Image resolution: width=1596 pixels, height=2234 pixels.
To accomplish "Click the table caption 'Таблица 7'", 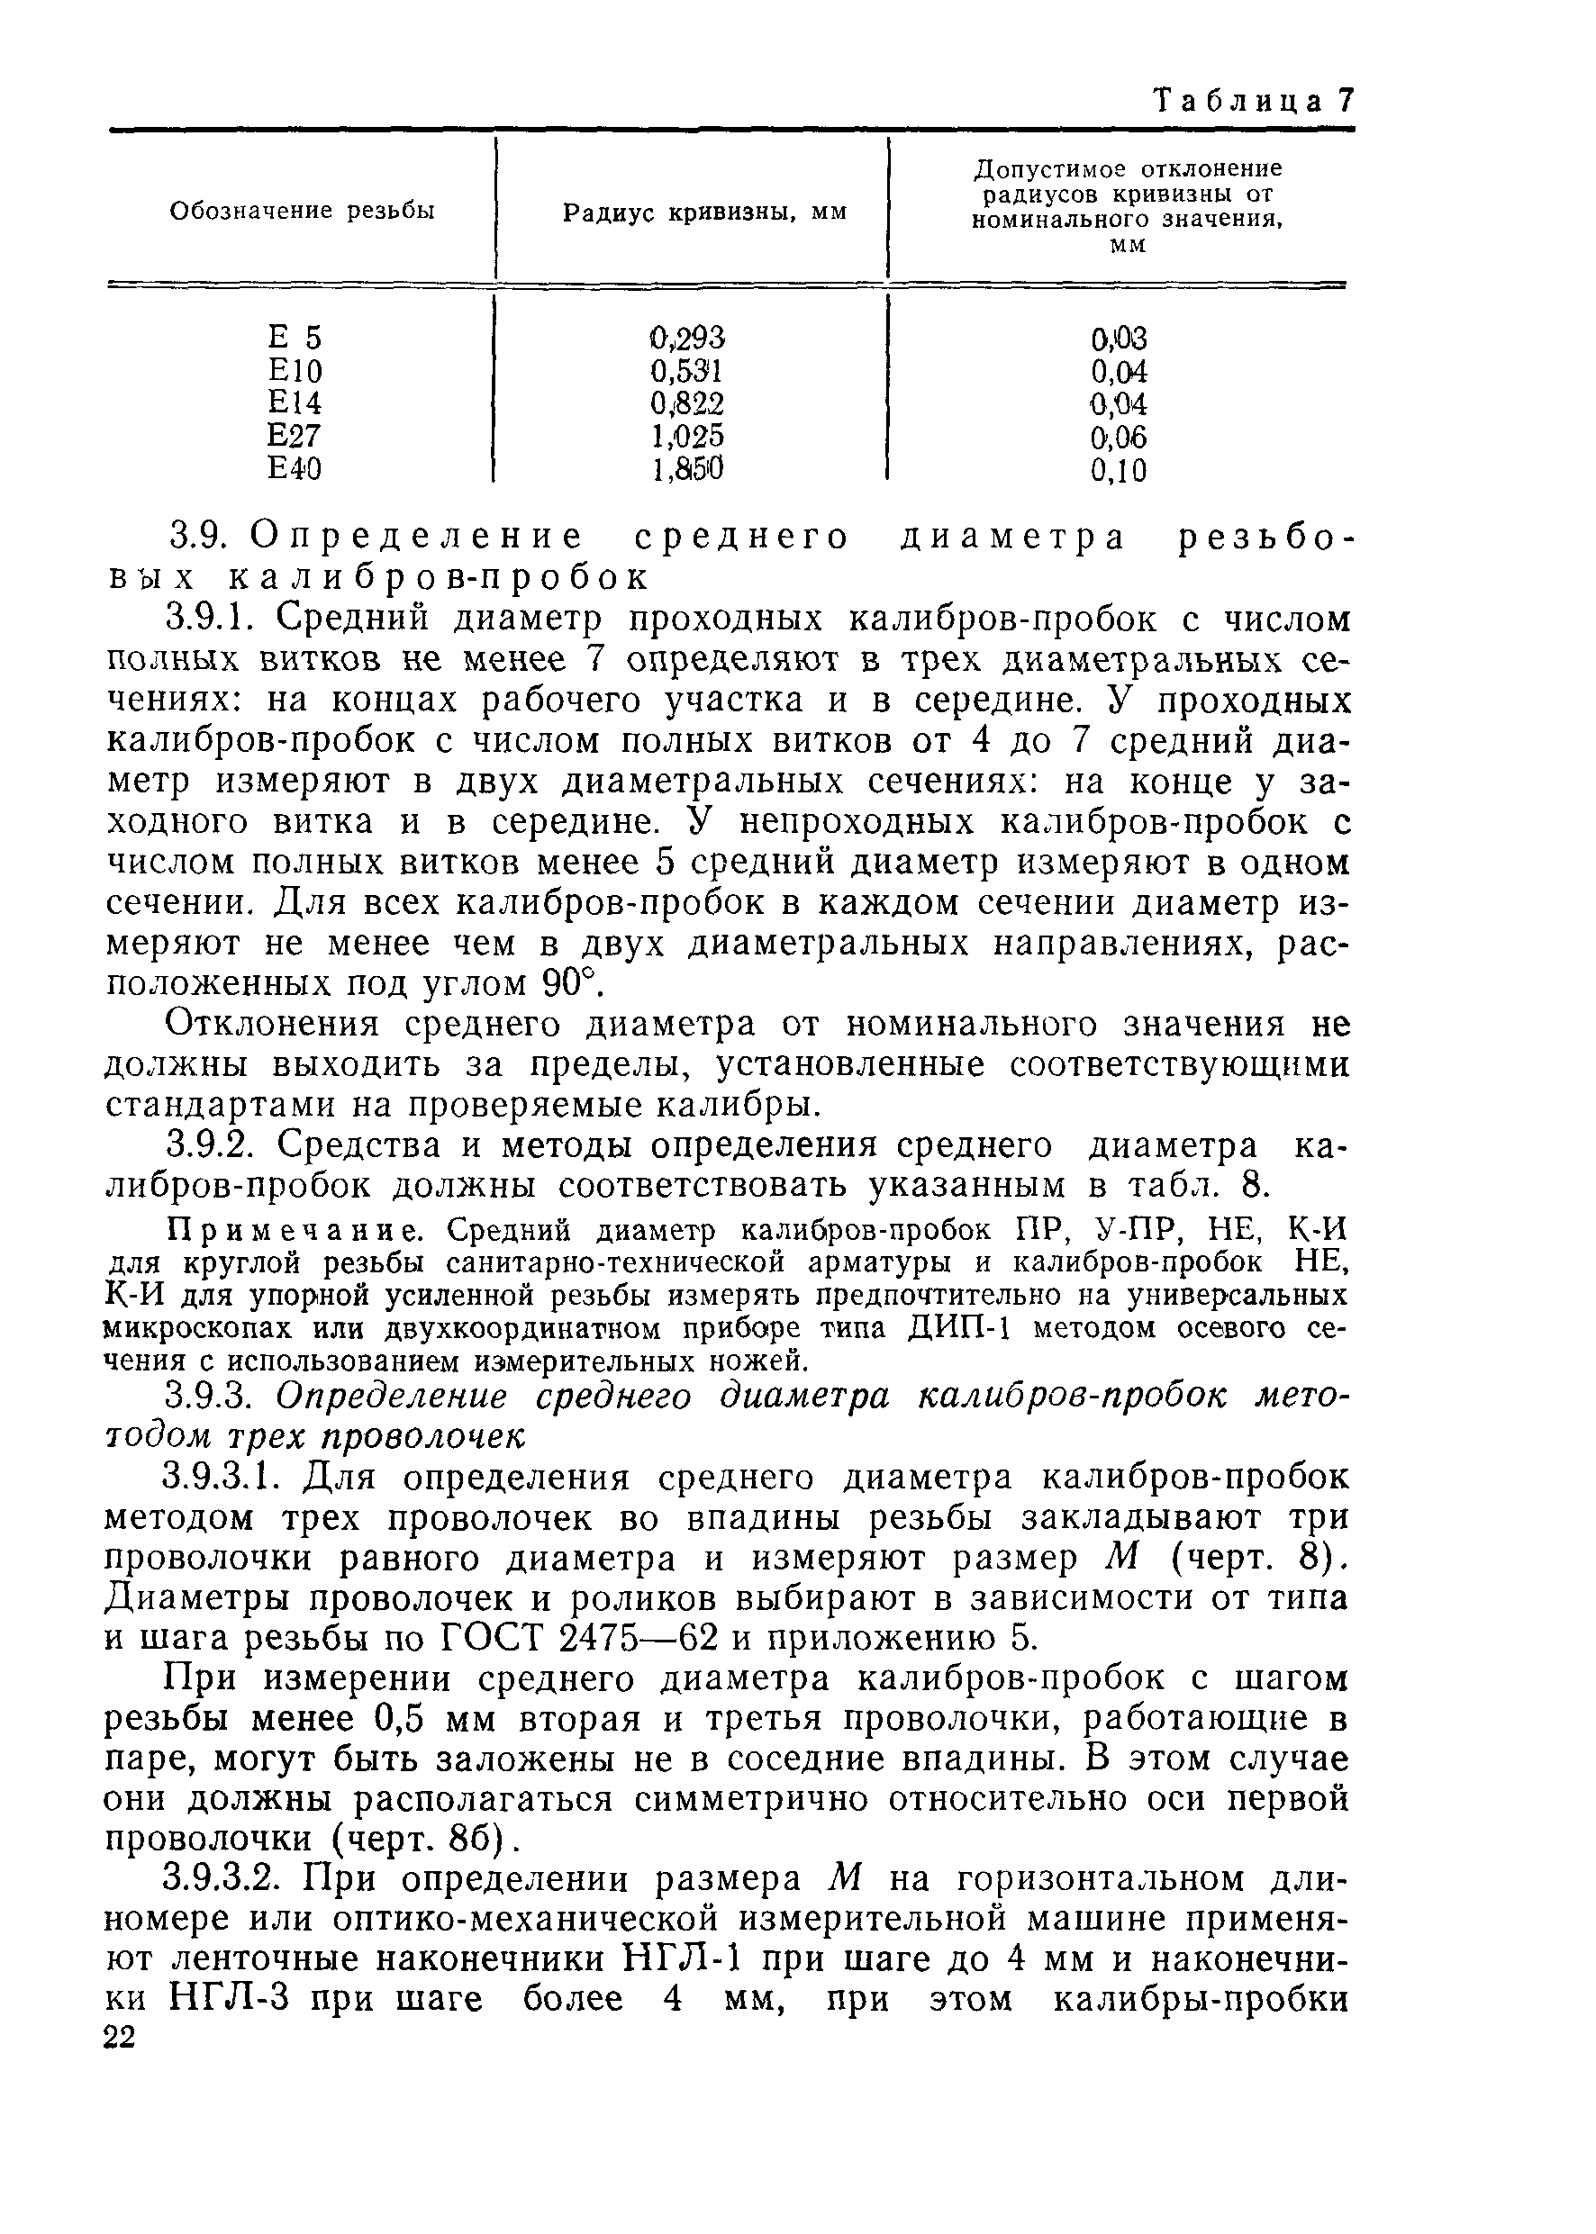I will pyautogui.click(x=1254, y=100).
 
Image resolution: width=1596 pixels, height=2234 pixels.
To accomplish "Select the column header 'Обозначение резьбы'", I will pyautogui.click(x=303, y=212).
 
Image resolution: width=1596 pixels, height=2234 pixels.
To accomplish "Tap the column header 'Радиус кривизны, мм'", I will pyautogui.click(x=703, y=213).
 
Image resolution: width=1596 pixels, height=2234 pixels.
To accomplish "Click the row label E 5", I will pyautogui.click(x=295, y=338).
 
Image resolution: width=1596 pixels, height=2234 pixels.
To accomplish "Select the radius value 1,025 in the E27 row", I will pyautogui.click(x=687, y=436).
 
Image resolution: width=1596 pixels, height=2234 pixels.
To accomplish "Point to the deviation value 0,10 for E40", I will pyautogui.click(x=1119, y=471).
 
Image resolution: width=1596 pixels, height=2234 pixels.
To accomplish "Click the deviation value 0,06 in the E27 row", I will pyautogui.click(x=1119, y=438).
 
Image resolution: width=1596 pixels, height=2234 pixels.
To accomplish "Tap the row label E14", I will pyautogui.click(x=295, y=403).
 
